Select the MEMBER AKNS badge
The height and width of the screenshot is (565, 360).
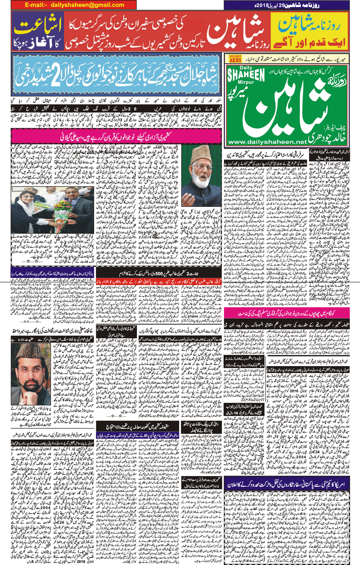point(235,59)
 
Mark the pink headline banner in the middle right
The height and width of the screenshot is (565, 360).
point(287,312)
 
